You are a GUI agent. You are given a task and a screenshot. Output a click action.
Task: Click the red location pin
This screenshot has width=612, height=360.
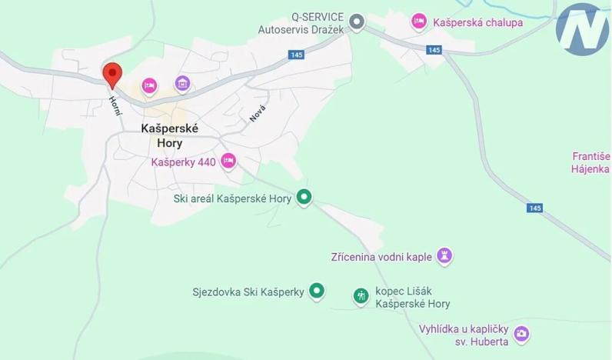pyautogui.click(x=112, y=75)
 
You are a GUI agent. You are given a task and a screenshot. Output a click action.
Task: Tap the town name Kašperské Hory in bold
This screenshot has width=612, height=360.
pyautogui.click(x=170, y=136)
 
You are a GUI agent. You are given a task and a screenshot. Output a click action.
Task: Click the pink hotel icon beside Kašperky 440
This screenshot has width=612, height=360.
pyautogui.click(x=228, y=161)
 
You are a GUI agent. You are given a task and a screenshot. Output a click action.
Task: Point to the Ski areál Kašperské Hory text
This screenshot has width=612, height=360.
pyautogui.click(x=232, y=198)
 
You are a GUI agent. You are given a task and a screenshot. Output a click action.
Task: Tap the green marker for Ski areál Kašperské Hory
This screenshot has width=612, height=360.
pyautogui.click(x=304, y=198)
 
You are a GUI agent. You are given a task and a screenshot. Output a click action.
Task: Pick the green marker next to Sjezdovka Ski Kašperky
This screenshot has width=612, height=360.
pyautogui.click(x=317, y=291)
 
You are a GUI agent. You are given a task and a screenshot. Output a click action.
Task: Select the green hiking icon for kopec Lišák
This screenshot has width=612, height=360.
pyautogui.click(x=360, y=295)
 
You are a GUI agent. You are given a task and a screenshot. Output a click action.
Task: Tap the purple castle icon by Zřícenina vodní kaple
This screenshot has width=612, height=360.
pyautogui.click(x=444, y=255)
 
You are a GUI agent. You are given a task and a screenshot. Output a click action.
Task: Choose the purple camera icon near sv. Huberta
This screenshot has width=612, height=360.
pyautogui.click(x=522, y=333)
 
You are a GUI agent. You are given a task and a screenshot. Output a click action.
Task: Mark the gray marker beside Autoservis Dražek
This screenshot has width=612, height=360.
pyautogui.click(x=357, y=22)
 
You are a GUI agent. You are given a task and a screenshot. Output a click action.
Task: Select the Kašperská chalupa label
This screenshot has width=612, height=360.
pyautogui.click(x=477, y=22)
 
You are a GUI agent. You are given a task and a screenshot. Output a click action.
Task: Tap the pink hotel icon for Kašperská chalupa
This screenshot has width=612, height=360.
pyautogui.click(x=419, y=21)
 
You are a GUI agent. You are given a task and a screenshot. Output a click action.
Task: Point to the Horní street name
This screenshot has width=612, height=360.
pyautogui.click(x=116, y=105)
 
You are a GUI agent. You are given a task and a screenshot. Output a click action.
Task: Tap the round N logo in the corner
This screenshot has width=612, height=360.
pyautogui.click(x=582, y=30)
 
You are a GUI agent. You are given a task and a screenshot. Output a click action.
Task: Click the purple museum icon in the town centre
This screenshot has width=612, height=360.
pyautogui.click(x=182, y=83)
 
